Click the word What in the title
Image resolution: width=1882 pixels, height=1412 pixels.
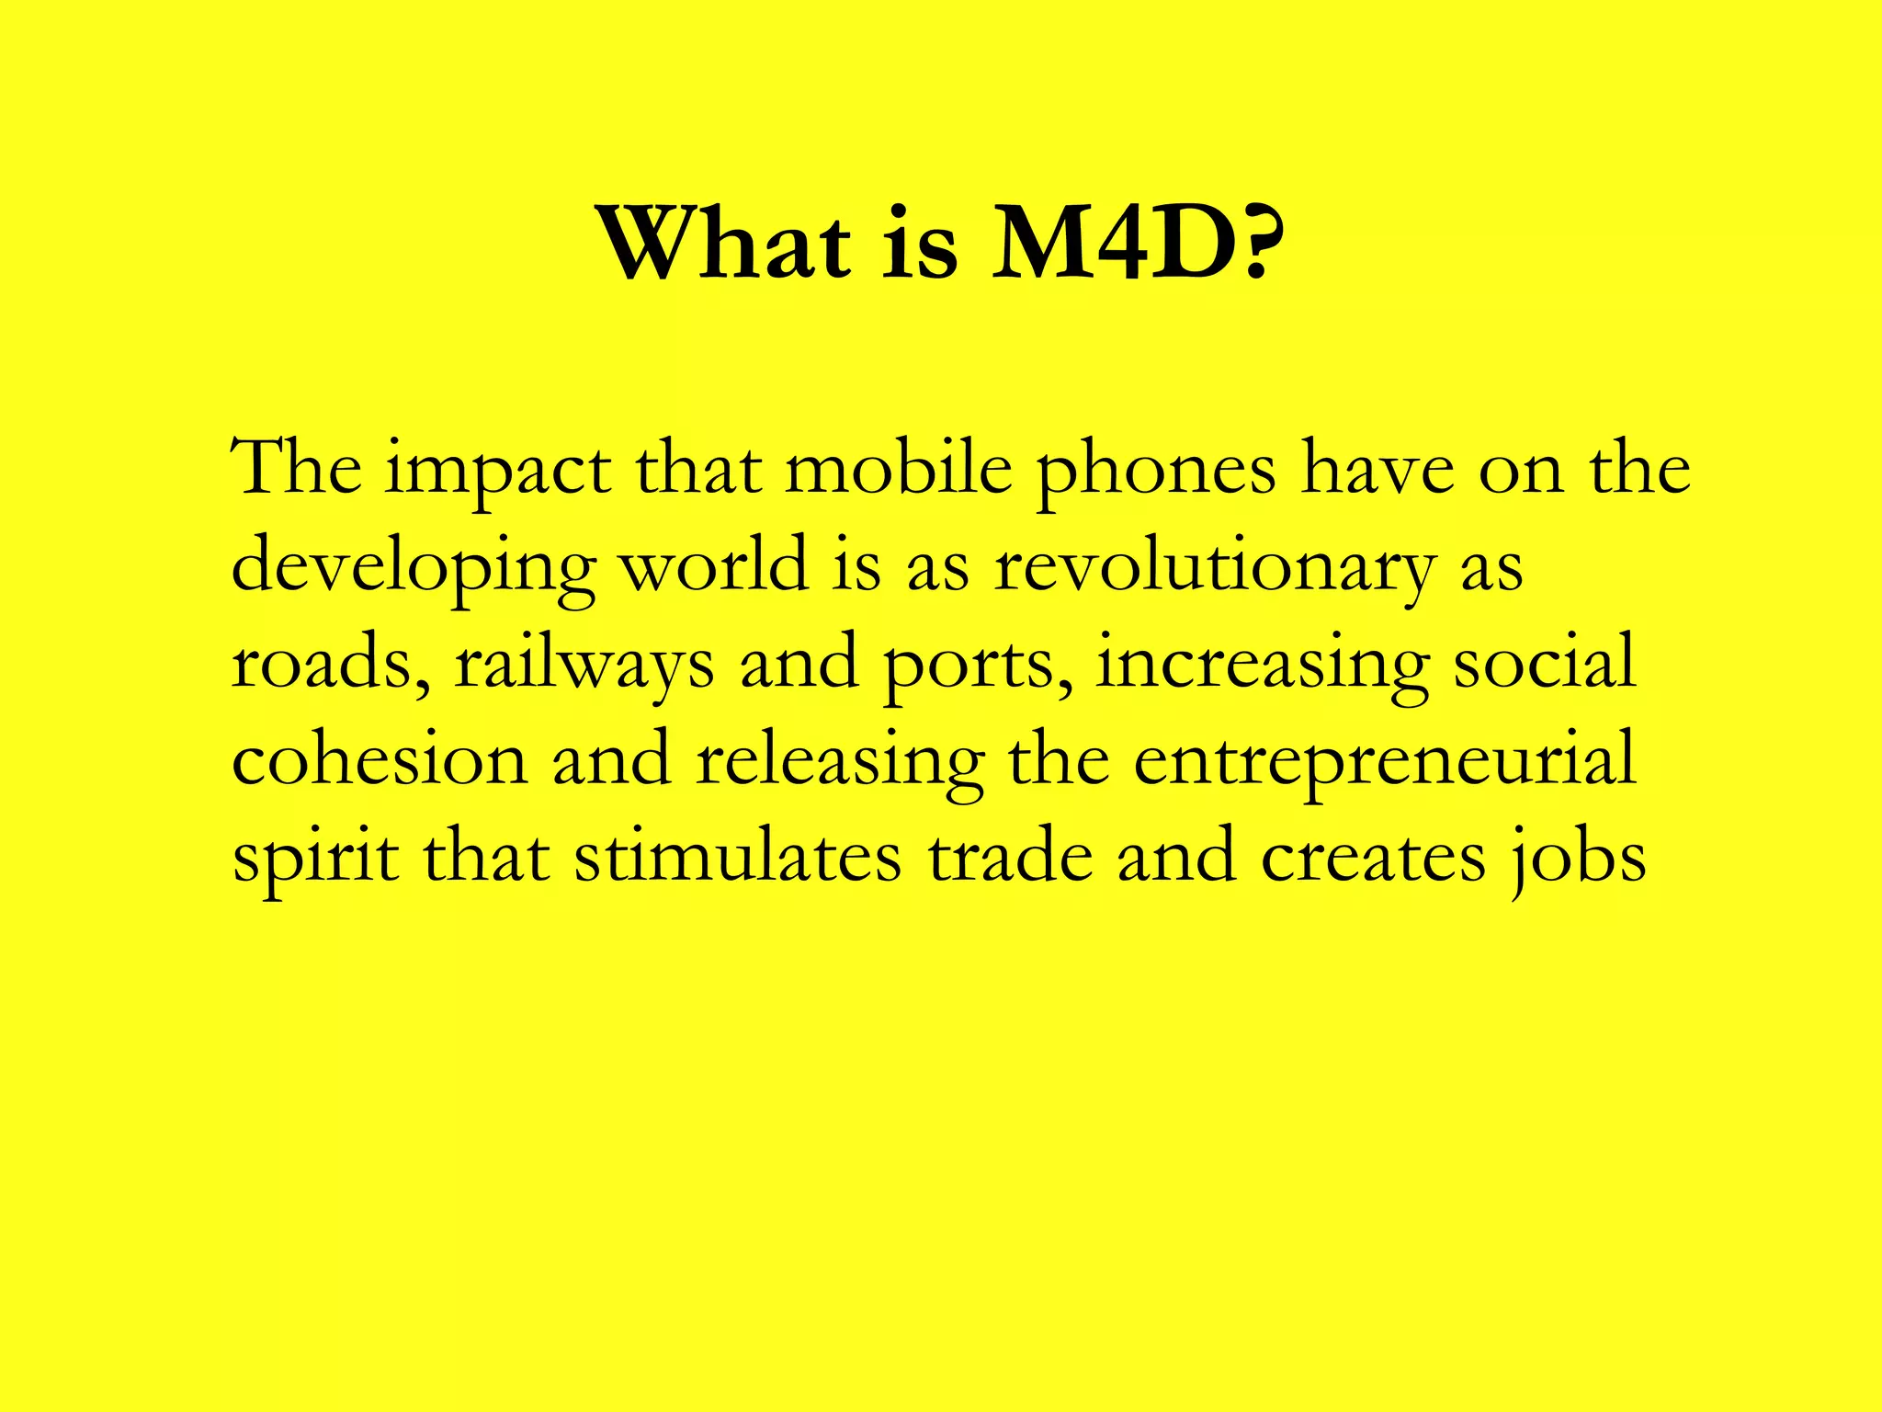coord(724,245)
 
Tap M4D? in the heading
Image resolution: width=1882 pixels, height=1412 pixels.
coord(1137,245)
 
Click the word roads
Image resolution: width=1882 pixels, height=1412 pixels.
coord(330,664)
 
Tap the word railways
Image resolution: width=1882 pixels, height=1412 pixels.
coord(584,664)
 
